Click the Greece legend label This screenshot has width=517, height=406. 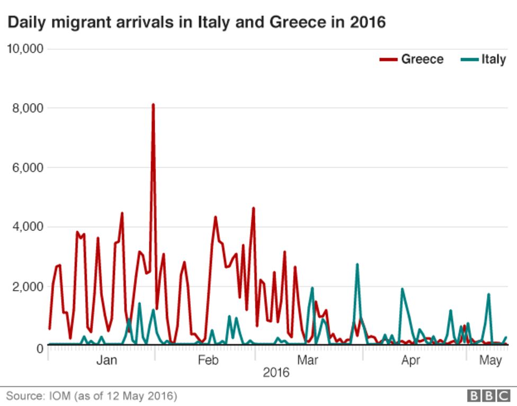click(422, 59)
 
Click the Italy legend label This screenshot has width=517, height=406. click(493, 59)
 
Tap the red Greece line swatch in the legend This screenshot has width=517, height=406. click(388, 59)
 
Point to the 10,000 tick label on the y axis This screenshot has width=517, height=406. click(24, 49)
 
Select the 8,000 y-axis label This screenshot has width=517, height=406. click(27, 108)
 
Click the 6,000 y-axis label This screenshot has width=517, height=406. click(27, 168)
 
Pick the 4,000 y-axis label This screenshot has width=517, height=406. click(27, 227)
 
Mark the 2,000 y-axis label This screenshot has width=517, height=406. click(27, 287)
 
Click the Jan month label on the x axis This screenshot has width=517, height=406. click(106, 361)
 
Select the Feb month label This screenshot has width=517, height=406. click(208, 361)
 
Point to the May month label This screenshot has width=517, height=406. click(491, 361)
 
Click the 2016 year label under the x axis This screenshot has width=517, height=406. click(276, 373)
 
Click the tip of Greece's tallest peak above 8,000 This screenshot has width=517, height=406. click(153, 105)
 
